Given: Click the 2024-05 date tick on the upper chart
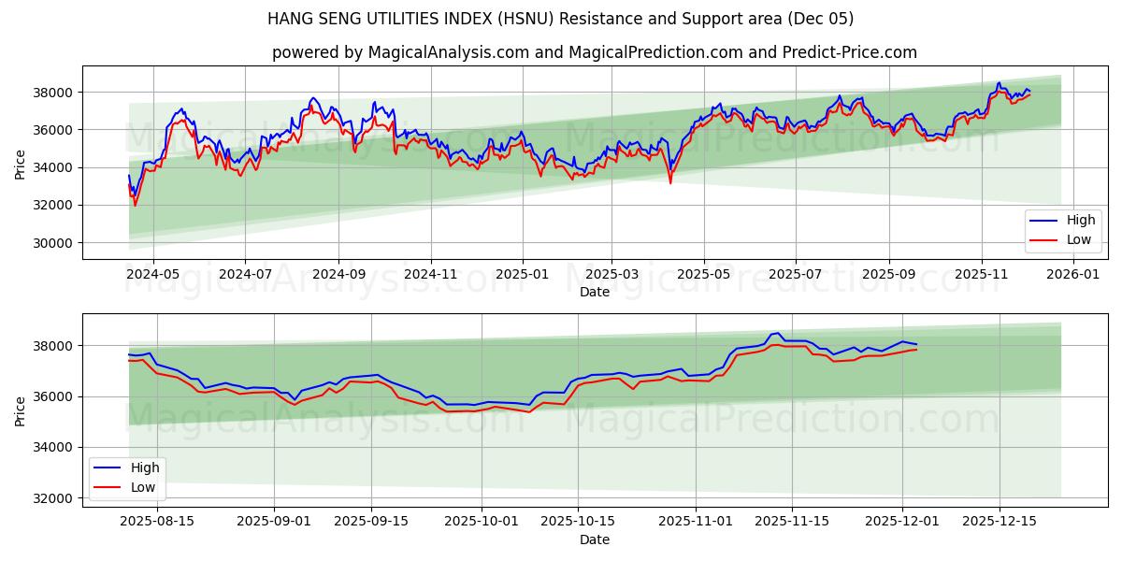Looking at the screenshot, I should [x=152, y=275].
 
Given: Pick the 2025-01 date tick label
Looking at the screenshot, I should [x=522, y=275].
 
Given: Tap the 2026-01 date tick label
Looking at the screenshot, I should [x=1072, y=275].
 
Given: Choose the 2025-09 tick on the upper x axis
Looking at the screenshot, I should [x=888, y=275].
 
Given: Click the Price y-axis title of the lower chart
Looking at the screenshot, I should [x=21, y=410].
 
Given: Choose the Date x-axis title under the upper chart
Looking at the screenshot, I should [x=594, y=292].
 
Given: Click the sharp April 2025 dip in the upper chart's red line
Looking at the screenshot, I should [x=669, y=181].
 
